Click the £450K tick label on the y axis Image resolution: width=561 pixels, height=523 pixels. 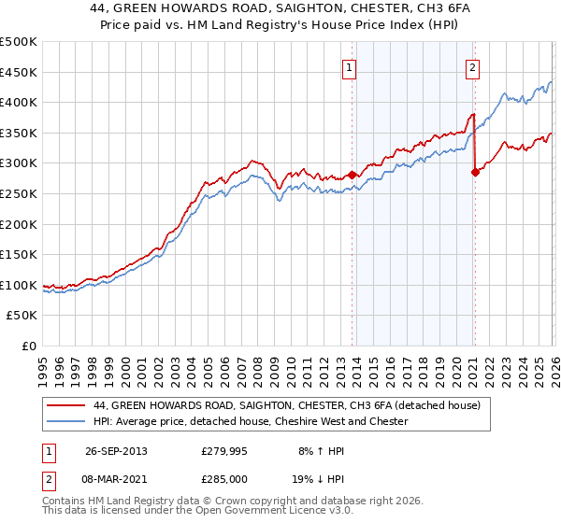19,72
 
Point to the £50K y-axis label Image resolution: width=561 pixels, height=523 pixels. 22,316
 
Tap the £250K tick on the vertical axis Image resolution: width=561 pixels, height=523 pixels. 19,193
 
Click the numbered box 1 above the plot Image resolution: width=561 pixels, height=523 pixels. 349,67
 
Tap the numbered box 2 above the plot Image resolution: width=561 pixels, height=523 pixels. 473,67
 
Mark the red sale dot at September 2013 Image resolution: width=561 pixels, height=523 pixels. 352,175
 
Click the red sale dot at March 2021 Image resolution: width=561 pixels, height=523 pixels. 475,172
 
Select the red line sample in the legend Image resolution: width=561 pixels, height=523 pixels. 66,405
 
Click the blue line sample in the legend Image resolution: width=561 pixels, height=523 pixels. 66,421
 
